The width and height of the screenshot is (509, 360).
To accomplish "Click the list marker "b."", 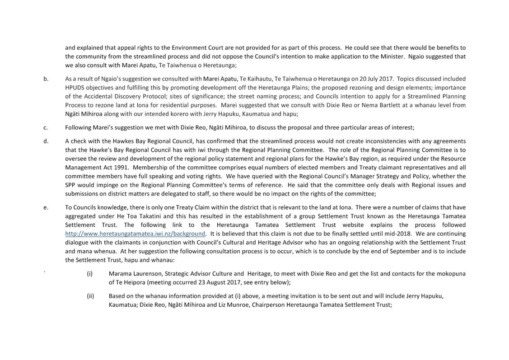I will click(x=46, y=79).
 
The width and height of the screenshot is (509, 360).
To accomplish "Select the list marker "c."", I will click(x=46, y=127).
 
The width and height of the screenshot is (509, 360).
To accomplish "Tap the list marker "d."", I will click(x=46, y=141).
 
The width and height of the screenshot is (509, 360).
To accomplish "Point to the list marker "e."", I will click(x=46, y=207).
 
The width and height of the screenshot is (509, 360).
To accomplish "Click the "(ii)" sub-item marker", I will click(x=90, y=296).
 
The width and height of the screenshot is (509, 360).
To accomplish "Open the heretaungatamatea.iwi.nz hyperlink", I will click(x=135, y=234).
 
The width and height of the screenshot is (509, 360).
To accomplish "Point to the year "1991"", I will click(x=121, y=167).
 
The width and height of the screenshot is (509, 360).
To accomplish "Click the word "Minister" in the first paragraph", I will click(x=392, y=56).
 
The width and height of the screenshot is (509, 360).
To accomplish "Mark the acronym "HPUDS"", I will click(x=76, y=88).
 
